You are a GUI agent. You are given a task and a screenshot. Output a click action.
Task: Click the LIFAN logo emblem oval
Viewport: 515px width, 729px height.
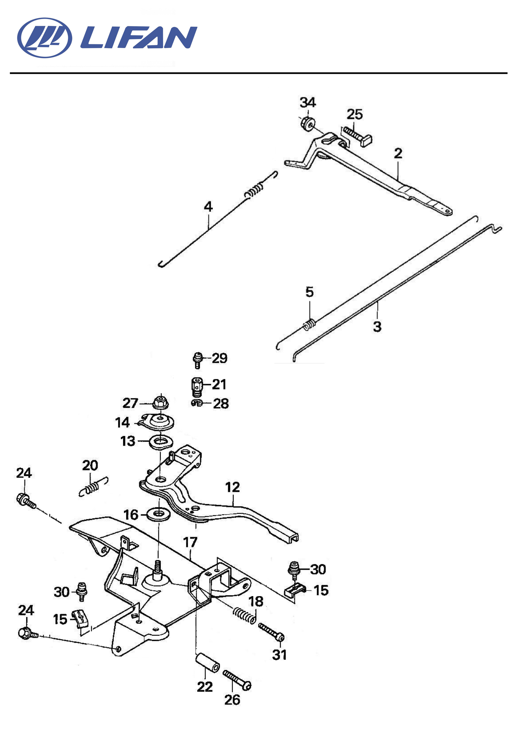click(x=45, y=38)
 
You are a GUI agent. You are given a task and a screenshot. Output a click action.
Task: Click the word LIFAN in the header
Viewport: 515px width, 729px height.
click(x=139, y=37)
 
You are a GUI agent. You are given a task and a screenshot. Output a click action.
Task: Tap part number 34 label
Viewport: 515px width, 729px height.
click(x=308, y=103)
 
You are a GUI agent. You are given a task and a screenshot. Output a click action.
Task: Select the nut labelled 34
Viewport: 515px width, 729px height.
click(x=307, y=123)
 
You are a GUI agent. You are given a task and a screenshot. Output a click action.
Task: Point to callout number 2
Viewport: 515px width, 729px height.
click(x=398, y=153)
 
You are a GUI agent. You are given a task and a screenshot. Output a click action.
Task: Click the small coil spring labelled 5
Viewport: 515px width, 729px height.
click(x=309, y=324)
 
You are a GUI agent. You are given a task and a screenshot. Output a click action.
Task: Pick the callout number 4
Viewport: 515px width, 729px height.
click(x=208, y=207)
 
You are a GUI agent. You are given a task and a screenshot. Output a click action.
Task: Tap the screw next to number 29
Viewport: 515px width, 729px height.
click(x=197, y=360)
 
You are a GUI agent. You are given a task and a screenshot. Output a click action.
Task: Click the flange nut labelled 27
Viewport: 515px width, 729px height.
click(x=160, y=403)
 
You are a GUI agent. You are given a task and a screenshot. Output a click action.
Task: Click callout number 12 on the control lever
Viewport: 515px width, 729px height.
click(x=232, y=487)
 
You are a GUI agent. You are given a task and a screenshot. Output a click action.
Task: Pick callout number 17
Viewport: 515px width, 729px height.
click(x=190, y=543)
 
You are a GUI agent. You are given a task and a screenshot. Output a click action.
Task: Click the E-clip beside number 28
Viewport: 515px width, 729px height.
click(x=197, y=403)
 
